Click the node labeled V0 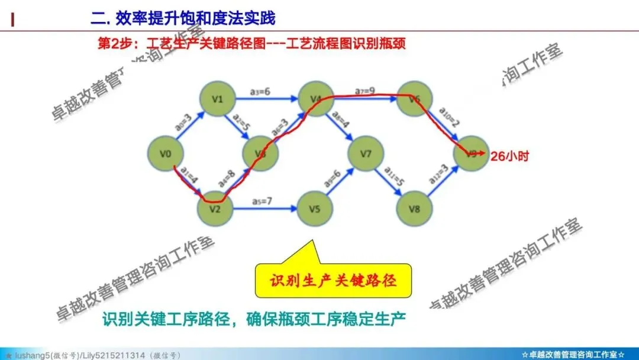pos(166,155)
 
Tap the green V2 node pos(215,209)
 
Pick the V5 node pos(314,209)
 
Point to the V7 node pos(367,155)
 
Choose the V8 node pos(414,209)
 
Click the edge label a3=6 pos(260,91)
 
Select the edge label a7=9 pos(365,91)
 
